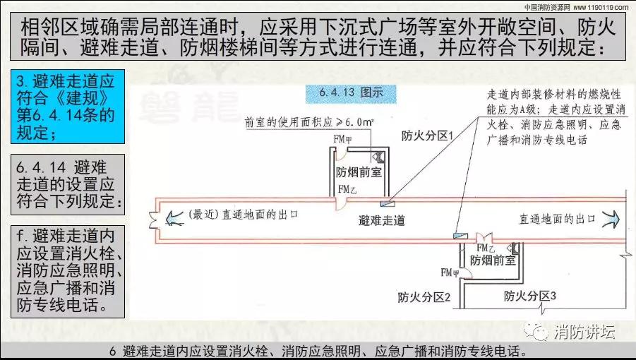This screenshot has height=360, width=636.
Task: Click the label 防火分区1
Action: click(x=426, y=136)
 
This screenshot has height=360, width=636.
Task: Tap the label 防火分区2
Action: click(x=424, y=297)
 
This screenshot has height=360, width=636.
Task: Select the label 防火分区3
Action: click(x=529, y=296)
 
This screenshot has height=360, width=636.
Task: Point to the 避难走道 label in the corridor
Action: click(x=382, y=220)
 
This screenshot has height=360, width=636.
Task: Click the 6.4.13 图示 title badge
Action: click(x=351, y=92)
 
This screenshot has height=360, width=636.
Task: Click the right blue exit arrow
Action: click(x=611, y=220)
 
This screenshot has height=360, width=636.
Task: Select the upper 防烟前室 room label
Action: click(x=359, y=172)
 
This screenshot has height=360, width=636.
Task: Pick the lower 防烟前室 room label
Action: click(x=493, y=260)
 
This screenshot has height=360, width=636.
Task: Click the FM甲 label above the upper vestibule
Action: click(x=342, y=140)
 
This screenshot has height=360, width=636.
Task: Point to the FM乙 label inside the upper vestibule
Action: click(x=347, y=189)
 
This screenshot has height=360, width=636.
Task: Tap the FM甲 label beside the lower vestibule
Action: click(x=450, y=273)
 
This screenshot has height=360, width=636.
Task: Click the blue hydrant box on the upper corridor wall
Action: click(x=388, y=204)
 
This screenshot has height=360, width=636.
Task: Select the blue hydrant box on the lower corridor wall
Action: click(x=460, y=236)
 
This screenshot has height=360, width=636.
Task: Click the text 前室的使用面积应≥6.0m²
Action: click(x=309, y=122)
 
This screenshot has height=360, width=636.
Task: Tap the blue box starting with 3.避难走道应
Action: click(x=68, y=107)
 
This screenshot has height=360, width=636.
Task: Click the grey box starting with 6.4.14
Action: click(x=68, y=184)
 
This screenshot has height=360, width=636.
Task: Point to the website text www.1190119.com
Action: click(x=601, y=7)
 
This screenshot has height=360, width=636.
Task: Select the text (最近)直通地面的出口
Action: click(x=244, y=215)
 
